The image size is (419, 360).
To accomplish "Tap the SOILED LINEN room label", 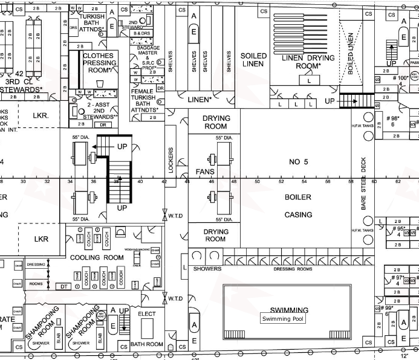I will tap(254, 60).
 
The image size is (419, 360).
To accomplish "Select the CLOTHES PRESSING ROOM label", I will tap(100, 63).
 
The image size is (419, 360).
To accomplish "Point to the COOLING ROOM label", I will tap(97, 257).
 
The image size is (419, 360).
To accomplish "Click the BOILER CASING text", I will tap(298, 206).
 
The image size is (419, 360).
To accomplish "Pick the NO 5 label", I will tap(299, 162).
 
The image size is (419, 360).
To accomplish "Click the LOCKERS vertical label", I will tap(171, 160).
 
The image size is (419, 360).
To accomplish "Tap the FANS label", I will tap(205, 172).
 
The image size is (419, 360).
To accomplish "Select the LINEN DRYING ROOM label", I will tap(308, 62).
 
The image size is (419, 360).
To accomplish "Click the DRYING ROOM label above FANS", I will tap(215, 123).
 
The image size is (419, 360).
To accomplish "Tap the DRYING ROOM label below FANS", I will tap(215, 235).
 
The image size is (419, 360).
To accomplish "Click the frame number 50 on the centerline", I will tap(257, 181).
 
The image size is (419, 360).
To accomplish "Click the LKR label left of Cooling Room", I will tap(41, 239).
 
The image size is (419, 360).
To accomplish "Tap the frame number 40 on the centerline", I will tap(140, 181).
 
